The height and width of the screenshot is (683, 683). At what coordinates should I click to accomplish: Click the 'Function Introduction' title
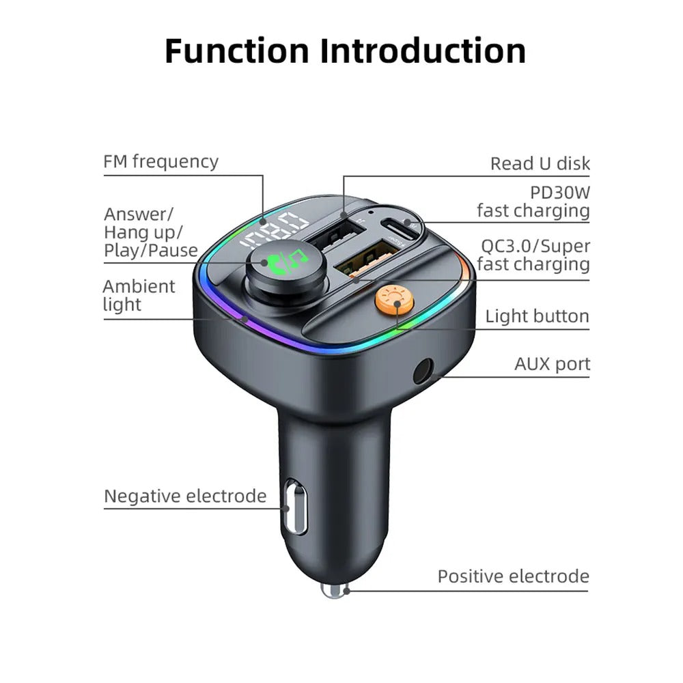[345, 51]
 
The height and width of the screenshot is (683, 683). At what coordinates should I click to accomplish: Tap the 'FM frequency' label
[161, 162]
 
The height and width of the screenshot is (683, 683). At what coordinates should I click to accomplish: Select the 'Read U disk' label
[540, 164]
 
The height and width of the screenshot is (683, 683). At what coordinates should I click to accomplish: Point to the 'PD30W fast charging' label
[533, 201]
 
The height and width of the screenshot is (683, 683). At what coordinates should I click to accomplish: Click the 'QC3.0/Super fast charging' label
[533, 255]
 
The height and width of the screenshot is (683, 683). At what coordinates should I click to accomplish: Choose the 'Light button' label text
[537, 316]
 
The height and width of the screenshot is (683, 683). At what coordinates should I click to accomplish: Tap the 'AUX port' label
[552, 364]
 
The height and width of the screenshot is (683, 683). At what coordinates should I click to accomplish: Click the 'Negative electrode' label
[185, 496]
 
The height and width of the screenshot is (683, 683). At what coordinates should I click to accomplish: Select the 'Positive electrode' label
[513, 576]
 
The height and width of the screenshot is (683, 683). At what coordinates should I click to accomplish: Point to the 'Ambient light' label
[139, 295]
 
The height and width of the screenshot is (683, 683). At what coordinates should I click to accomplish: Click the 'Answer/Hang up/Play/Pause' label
[150, 232]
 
